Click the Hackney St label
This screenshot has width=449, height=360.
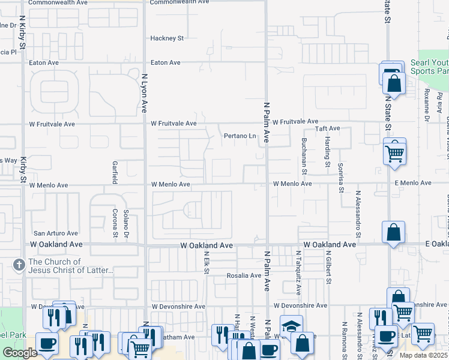pos(167,38)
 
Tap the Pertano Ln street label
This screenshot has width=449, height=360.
pos(240,136)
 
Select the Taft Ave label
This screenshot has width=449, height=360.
pos(328,128)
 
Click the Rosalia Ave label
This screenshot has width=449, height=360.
pos(244,276)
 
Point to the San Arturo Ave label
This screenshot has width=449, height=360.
pos(55,233)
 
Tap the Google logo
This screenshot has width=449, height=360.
pos(20,353)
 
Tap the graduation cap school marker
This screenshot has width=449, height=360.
pos(291,328)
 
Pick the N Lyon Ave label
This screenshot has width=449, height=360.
pos(144,93)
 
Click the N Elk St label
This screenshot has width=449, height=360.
pos(206,263)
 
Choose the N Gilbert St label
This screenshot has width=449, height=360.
pos(328,267)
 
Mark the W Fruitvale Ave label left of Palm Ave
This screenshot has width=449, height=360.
pos(173,124)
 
